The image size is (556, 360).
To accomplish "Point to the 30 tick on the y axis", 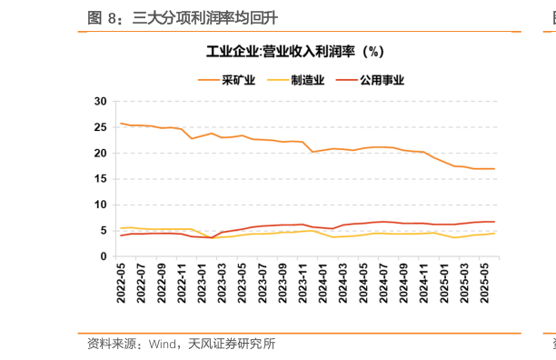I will coord(101,101).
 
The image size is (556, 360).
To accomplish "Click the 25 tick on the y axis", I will coord(101,127).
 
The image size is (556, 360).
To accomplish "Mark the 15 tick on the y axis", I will coord(101,179).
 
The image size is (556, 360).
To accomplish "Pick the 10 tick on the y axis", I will coord(101,205).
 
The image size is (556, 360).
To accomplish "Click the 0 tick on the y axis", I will coord(104,257).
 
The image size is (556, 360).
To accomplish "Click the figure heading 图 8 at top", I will coord(105,17).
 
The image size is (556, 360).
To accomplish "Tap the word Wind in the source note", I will coord(162,344).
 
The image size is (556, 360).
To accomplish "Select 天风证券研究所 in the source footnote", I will coord(232,344).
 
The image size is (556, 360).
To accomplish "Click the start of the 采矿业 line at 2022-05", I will coord(121,124).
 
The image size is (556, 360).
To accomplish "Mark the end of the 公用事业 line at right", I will coord(494,222).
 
